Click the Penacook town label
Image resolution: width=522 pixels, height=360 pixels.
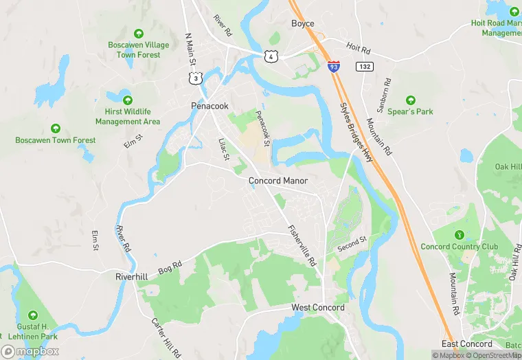[209, 106]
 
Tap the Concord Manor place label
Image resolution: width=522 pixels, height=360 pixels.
[277, 181]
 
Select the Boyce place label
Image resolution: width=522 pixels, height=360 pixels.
[302, 23]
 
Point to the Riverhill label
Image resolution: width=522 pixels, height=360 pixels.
[132, 276]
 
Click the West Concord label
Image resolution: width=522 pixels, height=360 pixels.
[318, 308]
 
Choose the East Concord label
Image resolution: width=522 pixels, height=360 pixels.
[468, 344]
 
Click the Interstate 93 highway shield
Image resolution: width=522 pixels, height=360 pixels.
[333, 67]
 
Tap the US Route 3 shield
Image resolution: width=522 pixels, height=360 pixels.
[197, 79]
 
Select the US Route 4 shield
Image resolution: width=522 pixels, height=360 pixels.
[271, 55]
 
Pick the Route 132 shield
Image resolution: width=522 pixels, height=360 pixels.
[364, 66]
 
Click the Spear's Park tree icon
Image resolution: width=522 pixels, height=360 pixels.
[411, 100]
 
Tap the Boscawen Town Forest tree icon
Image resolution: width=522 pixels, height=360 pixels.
[56, 128]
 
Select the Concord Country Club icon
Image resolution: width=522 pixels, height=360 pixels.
[459, 235]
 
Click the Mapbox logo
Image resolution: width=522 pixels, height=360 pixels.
[30, 352]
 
